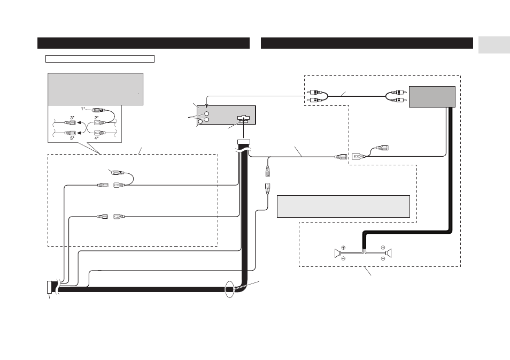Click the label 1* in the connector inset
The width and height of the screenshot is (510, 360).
(83, 109)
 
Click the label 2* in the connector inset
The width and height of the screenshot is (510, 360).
(97, 118)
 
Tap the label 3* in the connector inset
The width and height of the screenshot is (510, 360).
(72, 118)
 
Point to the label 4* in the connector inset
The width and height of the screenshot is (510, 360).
(97, 137)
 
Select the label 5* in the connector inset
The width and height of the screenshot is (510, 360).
(72, 137)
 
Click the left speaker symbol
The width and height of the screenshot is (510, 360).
(338, 253)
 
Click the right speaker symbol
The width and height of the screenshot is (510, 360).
(388, 253)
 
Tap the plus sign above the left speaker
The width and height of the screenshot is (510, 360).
(343, 247)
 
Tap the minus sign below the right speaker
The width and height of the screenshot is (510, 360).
(383, 259)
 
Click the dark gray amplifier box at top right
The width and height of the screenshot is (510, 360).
(432, 97)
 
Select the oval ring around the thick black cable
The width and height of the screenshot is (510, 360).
(230, 289)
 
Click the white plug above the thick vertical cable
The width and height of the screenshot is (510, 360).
(244, 142)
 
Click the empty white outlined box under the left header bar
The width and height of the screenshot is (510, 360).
(100, 59)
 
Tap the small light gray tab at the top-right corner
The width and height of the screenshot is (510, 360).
(494, 45)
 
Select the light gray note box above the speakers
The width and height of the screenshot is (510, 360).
(343, 206)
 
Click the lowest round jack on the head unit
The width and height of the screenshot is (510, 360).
(200, 122)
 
